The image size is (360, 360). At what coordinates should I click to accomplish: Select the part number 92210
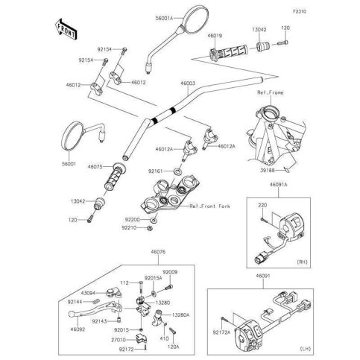132,228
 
